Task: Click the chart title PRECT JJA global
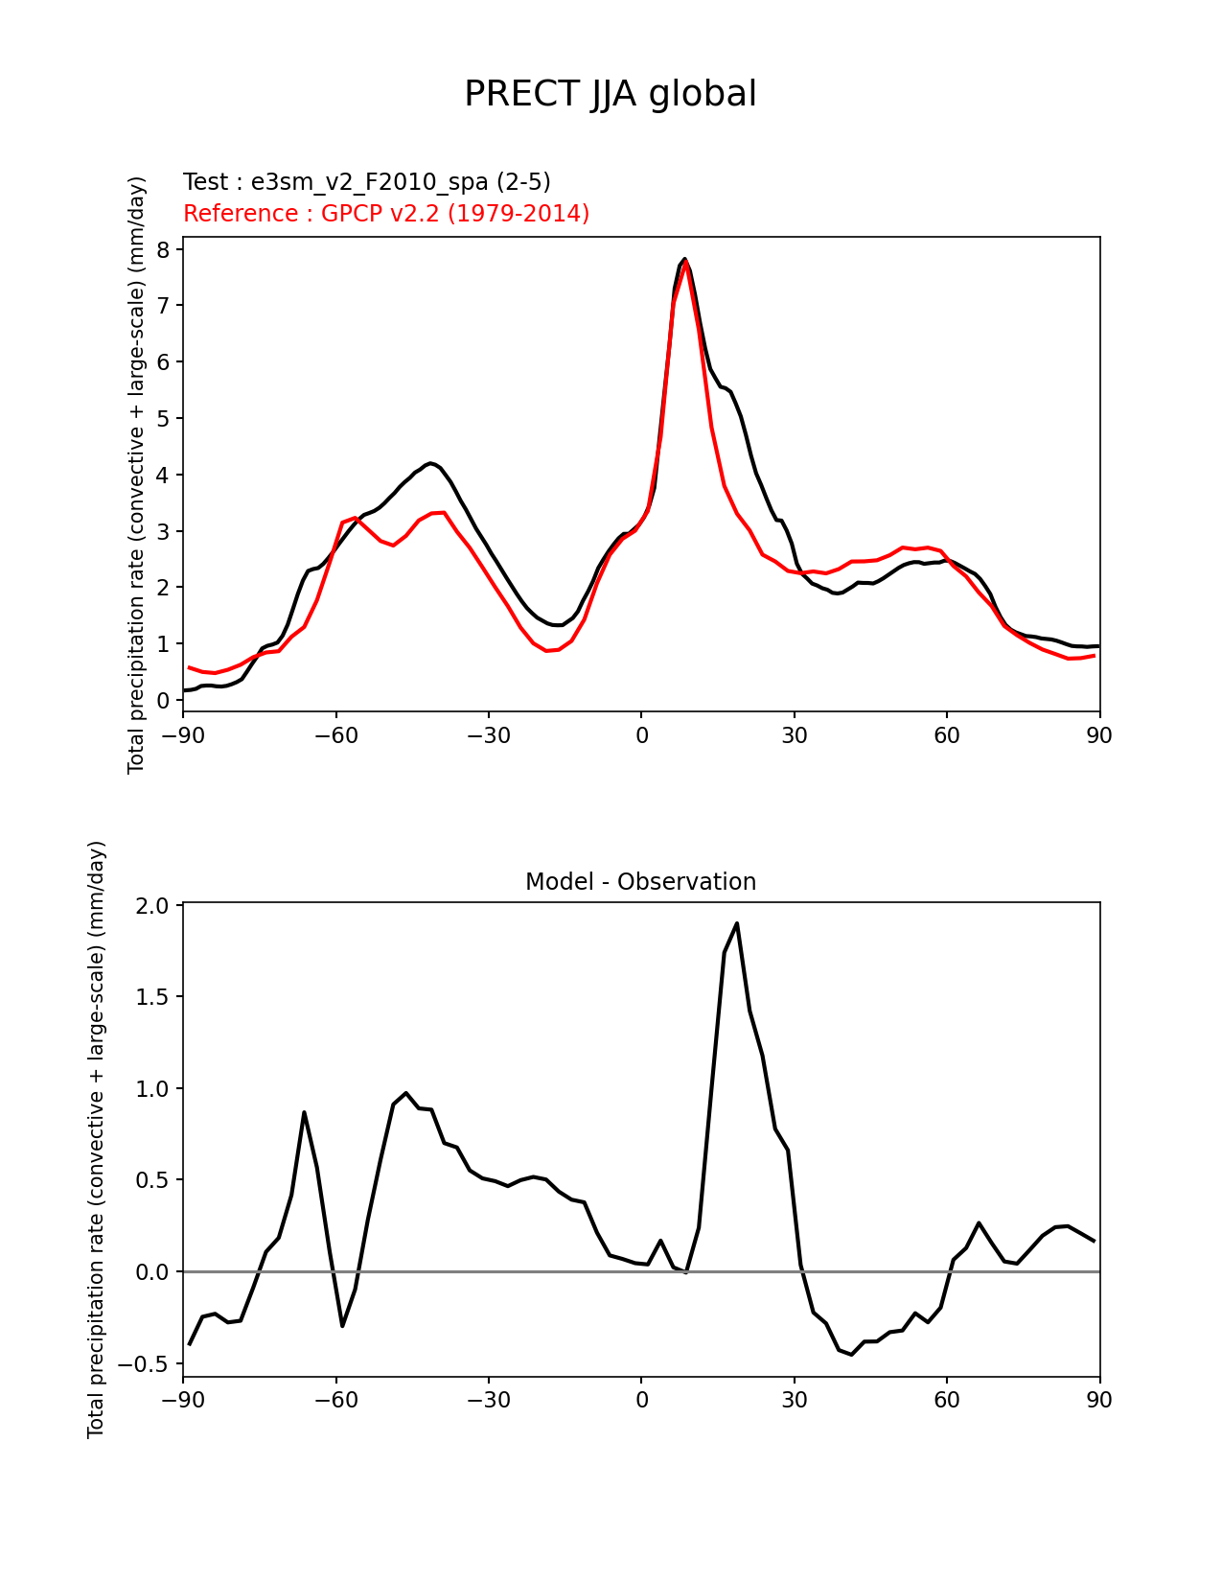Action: click(611, 94)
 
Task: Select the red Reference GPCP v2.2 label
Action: click(386, 213)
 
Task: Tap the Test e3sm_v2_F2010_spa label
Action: click(367, 182)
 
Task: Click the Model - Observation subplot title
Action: click(640, 882)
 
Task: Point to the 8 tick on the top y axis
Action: click(163, 249)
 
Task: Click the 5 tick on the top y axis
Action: click(163, 418)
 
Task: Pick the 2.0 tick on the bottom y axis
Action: click(154, 906)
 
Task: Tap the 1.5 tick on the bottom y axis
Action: click(154, 997)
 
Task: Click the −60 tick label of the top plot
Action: click(335, 735)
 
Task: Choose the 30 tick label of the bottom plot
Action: click(795, 1400)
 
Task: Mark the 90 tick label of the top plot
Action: click(1099, 735)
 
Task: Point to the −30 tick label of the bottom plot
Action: click(488, 1400)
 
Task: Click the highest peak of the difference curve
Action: click(736, 923)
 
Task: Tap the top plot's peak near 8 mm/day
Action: click(684, 259)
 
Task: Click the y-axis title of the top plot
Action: click(137, 475)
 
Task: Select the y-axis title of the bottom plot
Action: click(97, 1139)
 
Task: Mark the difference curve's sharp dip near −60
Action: click(342, 1326)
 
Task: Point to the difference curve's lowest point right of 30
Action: click(851, 1355)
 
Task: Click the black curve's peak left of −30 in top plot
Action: click(430, 462)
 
